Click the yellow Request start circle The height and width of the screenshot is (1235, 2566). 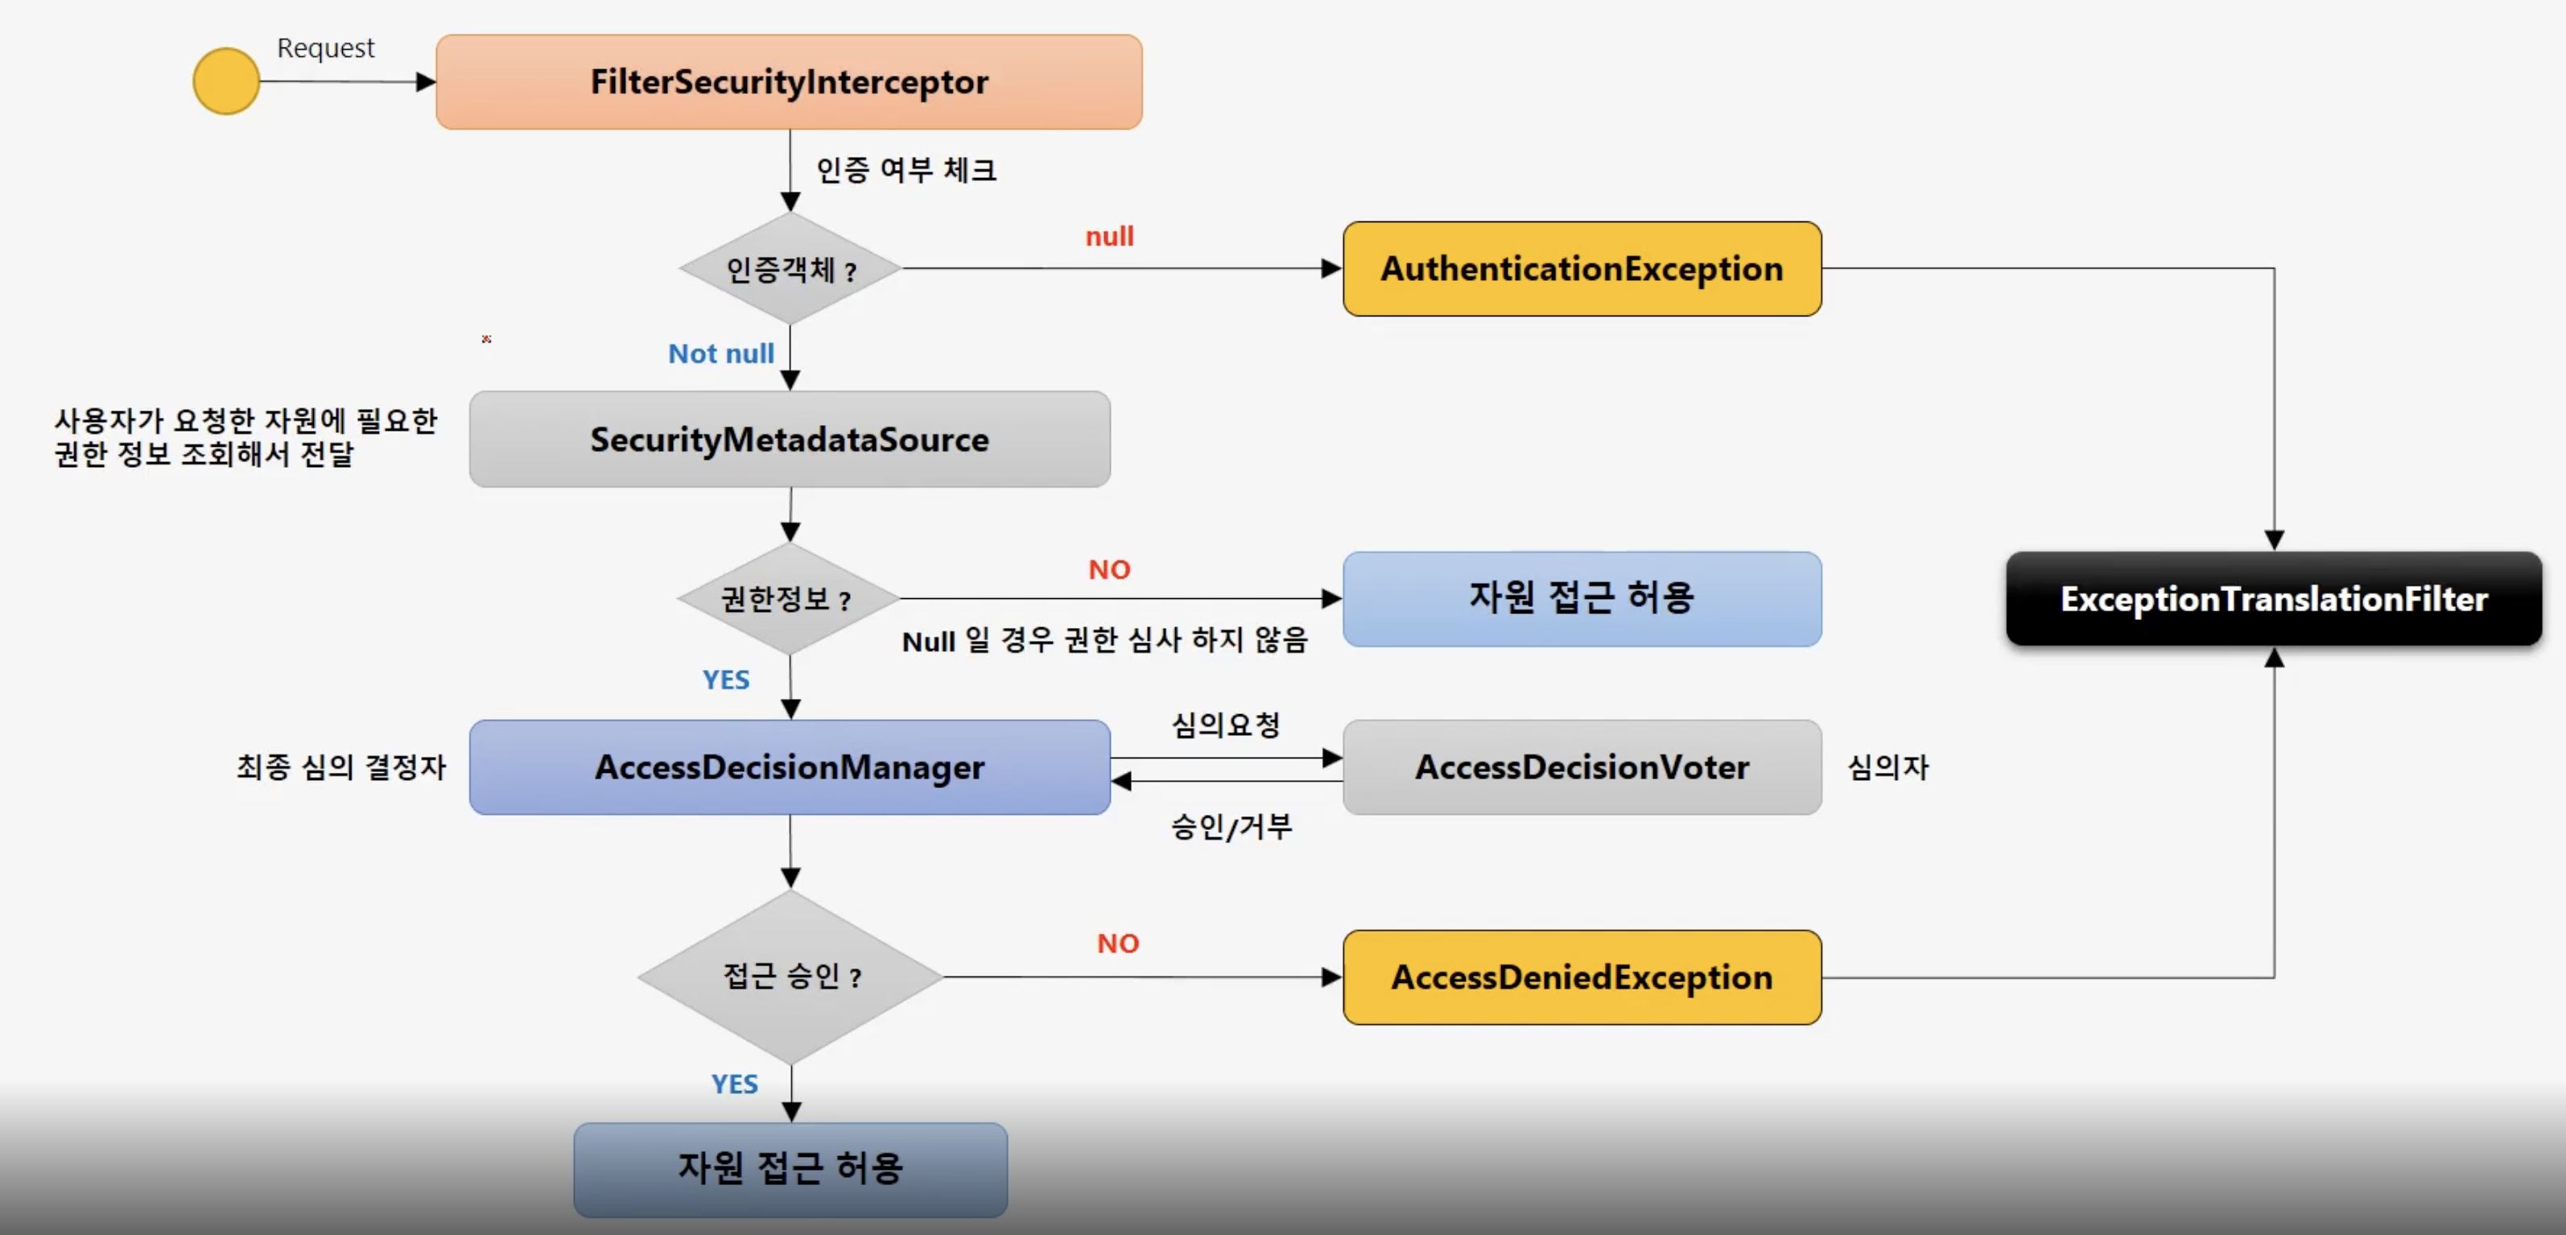[x=226, y=81]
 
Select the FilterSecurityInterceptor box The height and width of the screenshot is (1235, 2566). [x=789, y=81]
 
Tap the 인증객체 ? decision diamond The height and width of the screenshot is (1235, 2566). [x=790, y=269]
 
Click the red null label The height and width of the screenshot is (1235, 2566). [x=1108, y=236]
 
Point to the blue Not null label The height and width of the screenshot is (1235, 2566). [x=720, y=353]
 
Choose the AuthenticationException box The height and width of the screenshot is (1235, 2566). [x=1582, y=269]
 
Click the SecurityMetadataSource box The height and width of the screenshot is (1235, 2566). [x=789, y=440]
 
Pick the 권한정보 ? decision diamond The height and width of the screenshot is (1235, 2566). [x=788, y=598]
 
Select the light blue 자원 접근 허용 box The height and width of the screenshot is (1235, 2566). [x=1582, y=598]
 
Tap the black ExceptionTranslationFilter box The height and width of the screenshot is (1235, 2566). [x=2273, y=598]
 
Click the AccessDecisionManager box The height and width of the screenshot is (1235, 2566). [x=789, y=767]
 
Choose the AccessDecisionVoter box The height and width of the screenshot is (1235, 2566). [x=1582, y=767]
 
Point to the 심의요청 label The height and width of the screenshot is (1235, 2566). [x=1225, y=724]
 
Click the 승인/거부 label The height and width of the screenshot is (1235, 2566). [x=1231, y=826]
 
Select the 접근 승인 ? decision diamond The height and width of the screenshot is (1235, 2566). [x=790, y=976]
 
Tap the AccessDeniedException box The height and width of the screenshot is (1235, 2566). [x=1582, y=977]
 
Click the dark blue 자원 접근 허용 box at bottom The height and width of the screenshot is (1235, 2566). [x=790, y=1168]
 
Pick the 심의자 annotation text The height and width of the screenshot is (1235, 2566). [x=1888, y=767]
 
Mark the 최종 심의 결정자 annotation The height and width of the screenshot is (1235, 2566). [x=340, y=767]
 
